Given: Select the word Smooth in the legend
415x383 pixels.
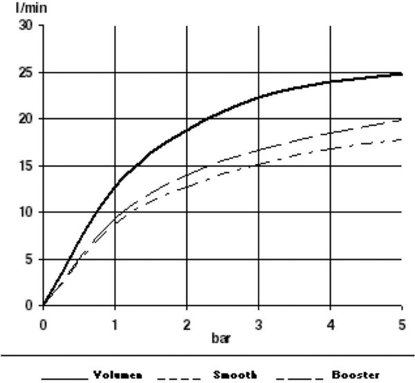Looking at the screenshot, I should point(235,375).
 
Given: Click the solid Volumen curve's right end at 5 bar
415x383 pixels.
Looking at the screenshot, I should point(402,73).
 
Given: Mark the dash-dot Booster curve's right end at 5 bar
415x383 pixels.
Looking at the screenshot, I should point(402,139).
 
